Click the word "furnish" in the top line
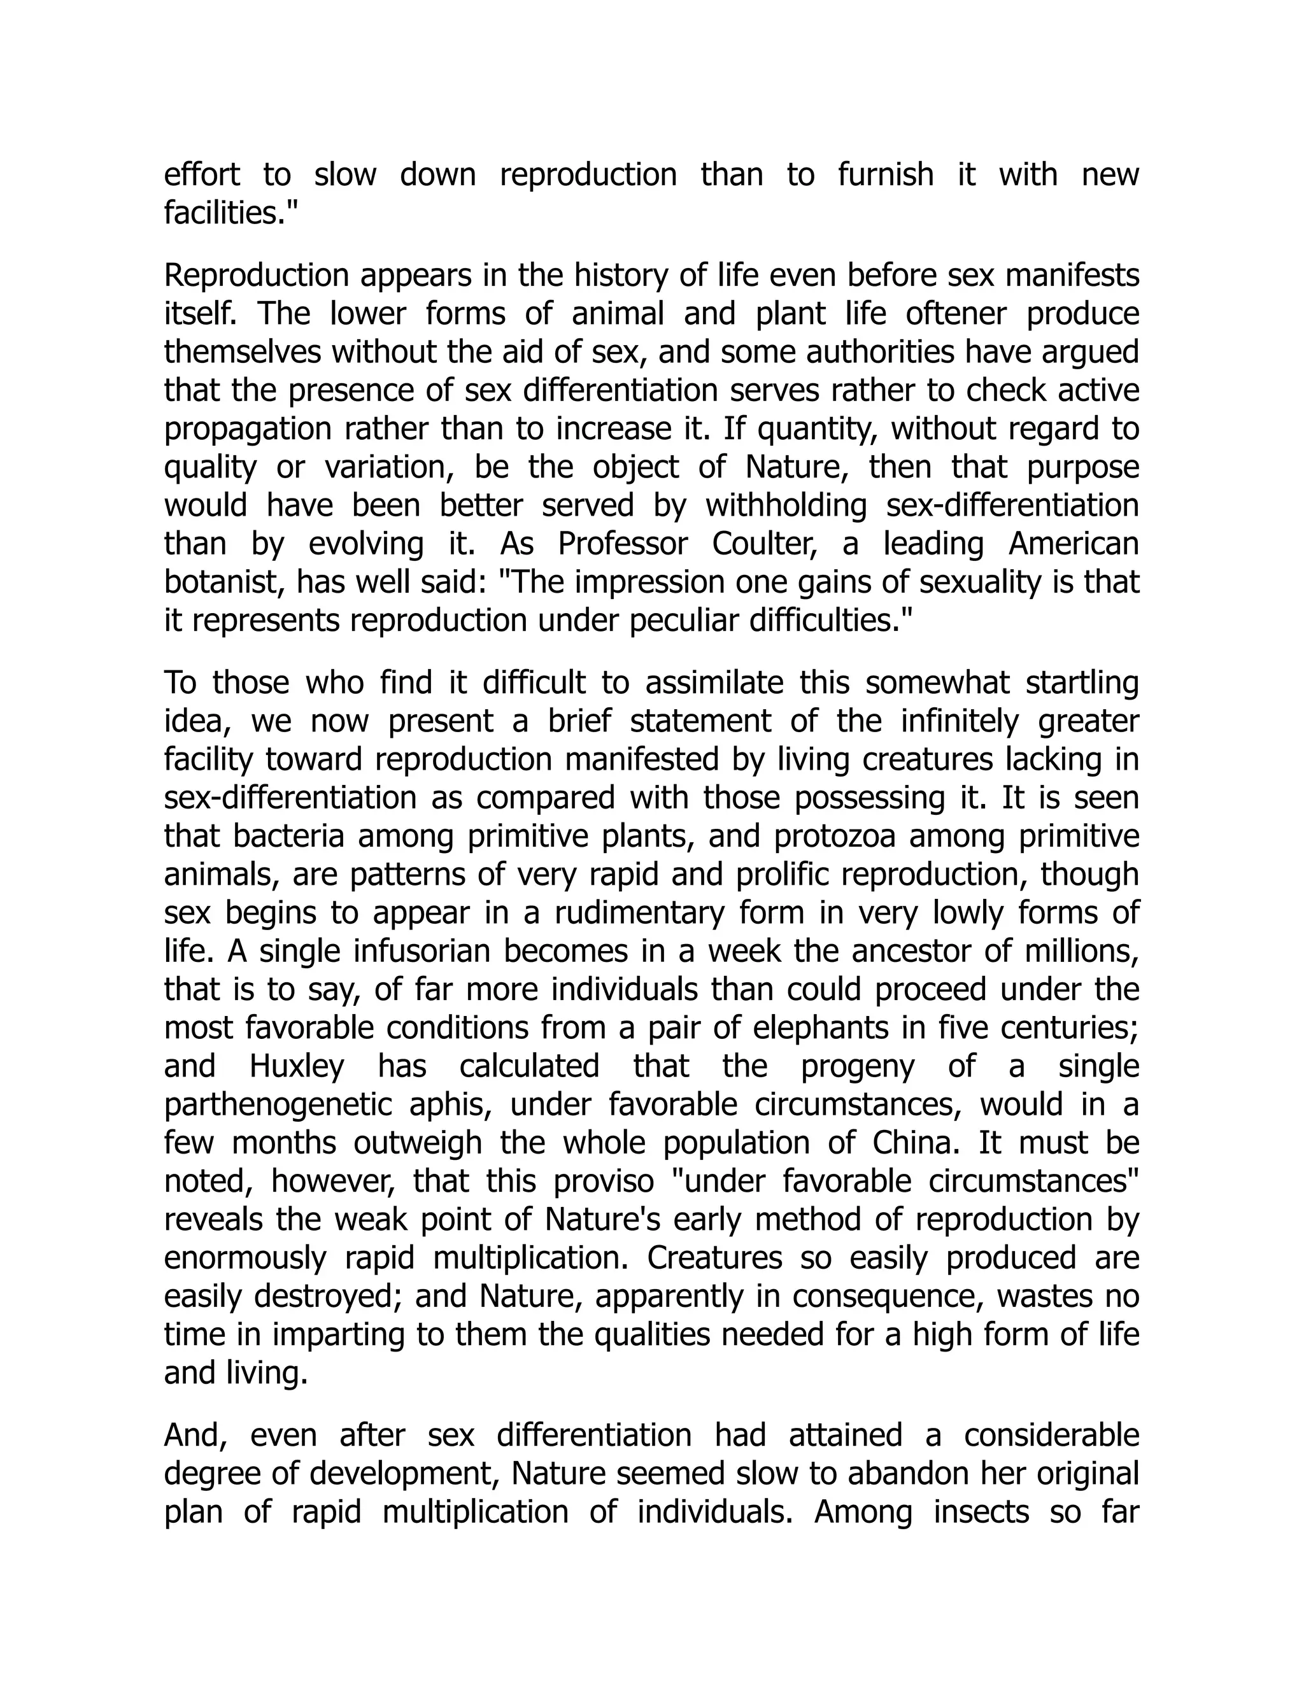click(885, 174)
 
